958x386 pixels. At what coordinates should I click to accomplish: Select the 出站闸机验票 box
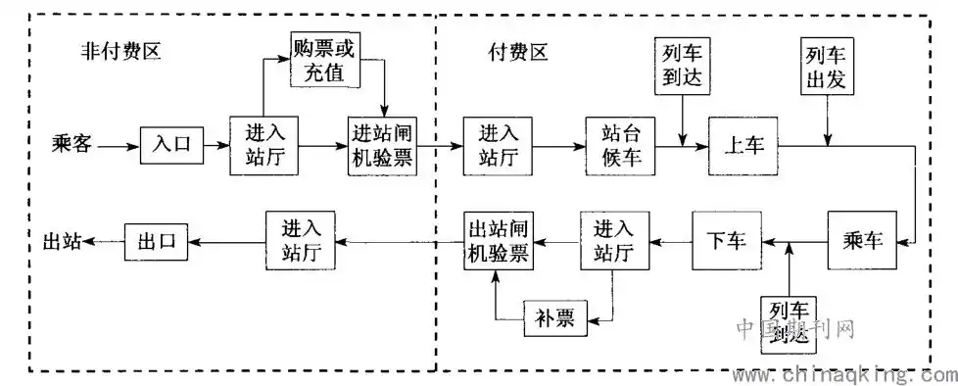[x=498, y=241]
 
